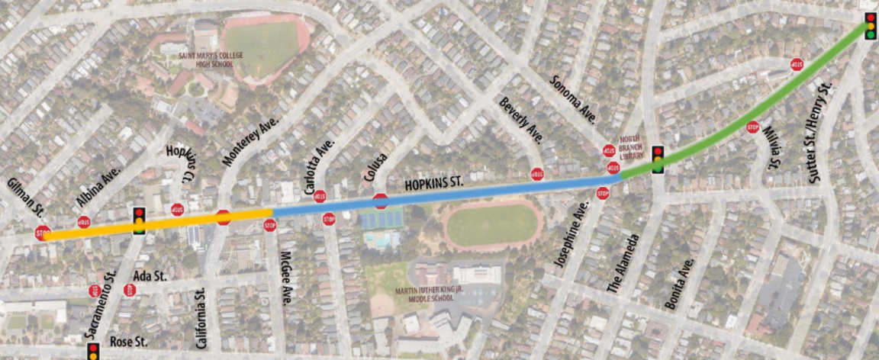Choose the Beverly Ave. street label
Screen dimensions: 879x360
tap(522, 121)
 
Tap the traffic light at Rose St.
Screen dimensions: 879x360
tap(93, 352)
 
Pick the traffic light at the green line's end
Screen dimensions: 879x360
tap(870, 25)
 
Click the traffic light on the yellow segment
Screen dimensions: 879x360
tap(139, 220)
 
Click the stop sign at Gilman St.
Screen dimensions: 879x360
tap(42, 233)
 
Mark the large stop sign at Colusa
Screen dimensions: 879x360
tap(381, 201)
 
